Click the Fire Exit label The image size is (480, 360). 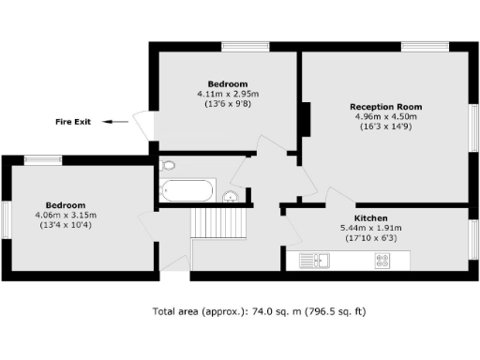click(73, 122)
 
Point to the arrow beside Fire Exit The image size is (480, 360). click(116, 122)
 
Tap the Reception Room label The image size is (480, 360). click(386, 107)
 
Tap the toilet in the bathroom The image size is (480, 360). click(169, 166)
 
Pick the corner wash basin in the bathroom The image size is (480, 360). click(230, 197)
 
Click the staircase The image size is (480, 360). click(218, 223)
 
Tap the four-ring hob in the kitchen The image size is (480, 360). click(382, 261)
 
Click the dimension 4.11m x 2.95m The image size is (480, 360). click(228, 94)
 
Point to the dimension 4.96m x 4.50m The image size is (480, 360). click(386, 117)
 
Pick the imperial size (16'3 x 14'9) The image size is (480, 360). click(386, 127)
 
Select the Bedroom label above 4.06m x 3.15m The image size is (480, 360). click(66, 205)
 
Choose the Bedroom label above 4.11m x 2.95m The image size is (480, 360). click(228, 83)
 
